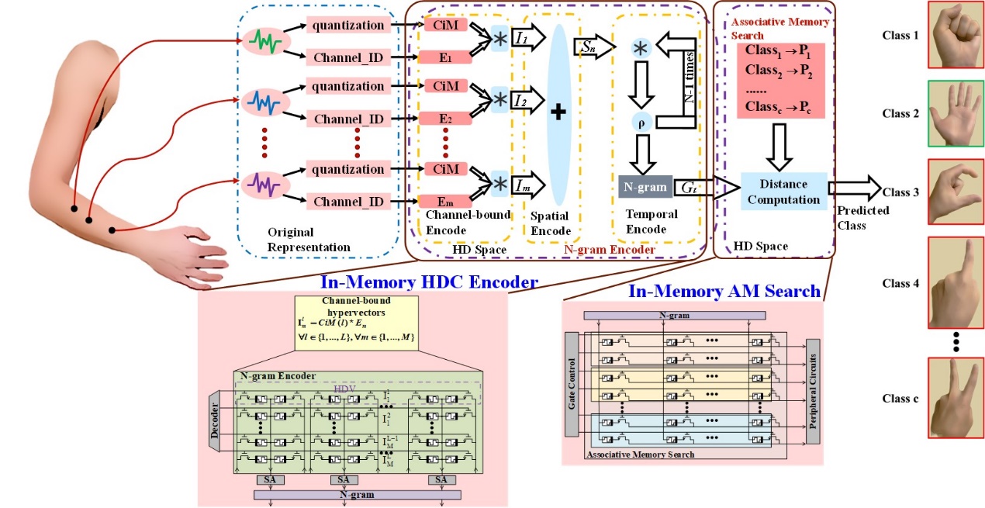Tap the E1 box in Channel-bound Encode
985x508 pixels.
point(445,56)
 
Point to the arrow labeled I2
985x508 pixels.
point(531,101)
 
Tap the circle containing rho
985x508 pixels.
point(641,121)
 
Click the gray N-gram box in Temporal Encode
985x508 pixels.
point(646,187)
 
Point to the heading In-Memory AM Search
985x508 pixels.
point(724,292)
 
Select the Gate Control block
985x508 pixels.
point(572,385)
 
